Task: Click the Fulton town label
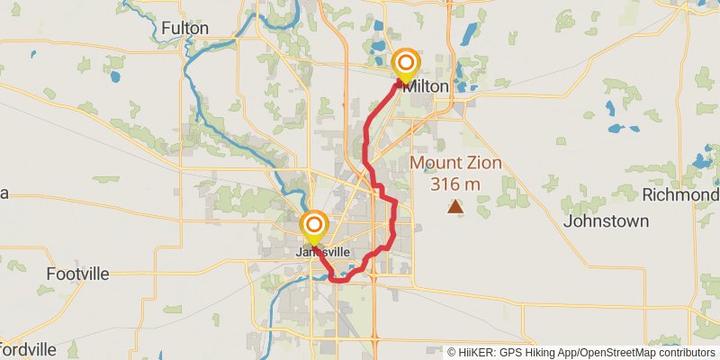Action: [184, 29]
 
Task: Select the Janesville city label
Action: [322, 252]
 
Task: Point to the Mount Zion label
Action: [456, 164]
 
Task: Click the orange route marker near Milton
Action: [406, 62]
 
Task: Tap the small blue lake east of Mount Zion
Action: [619, 193]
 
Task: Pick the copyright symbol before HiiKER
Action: [452, 352]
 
